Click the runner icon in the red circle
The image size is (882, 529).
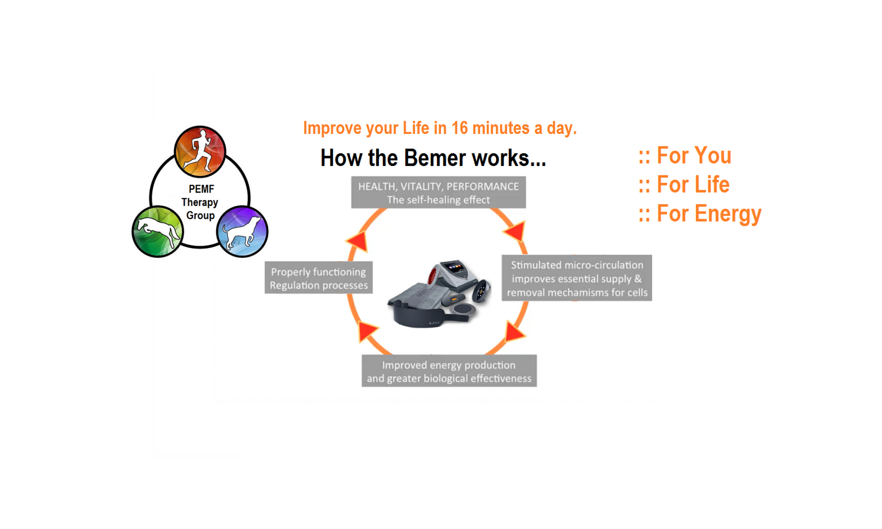[x=200, y=151]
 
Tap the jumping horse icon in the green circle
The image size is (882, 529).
[x=157, y=231]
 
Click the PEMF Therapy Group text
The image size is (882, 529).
[x=200, y=202]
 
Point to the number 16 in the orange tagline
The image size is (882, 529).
[x=459, y=128]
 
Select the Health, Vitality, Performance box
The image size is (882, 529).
[x=438, y=192]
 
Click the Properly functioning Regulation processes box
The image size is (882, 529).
[x=318, y=278]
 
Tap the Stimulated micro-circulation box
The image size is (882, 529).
[x=576, y=278]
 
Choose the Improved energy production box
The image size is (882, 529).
[x=449, y=371]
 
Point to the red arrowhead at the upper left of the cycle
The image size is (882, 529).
[x=358, y=241]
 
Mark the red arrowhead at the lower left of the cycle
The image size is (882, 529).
[x=367, y=330]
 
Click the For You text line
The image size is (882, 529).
[x=685, y=155]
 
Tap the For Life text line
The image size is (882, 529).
[x=684, y=185]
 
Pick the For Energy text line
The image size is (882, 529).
[x=700, y=214]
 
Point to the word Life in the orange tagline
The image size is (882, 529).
[x=415, y=128]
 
